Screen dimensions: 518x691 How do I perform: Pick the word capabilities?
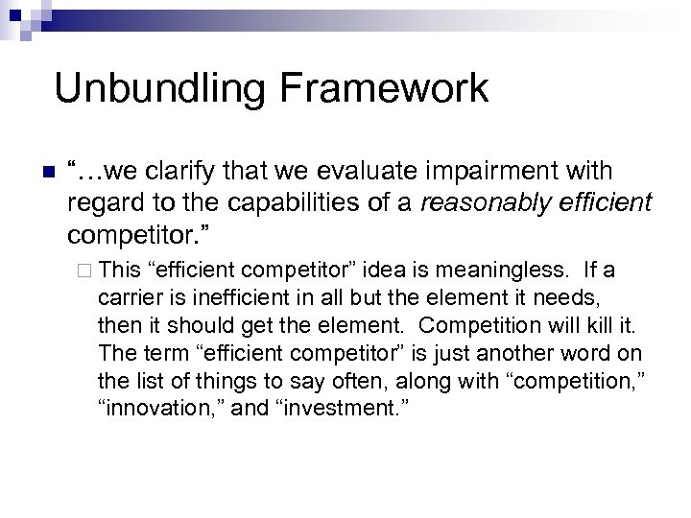pos(271,203)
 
